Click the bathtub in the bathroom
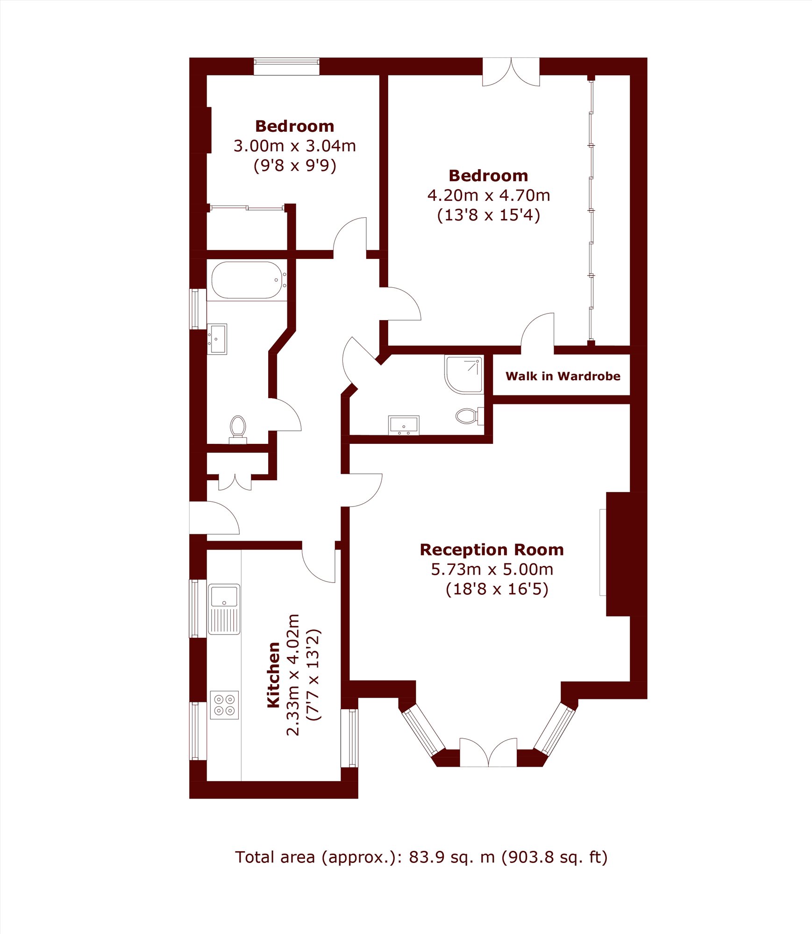247,280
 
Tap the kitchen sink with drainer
224,609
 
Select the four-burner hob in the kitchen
224,705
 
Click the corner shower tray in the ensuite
463,374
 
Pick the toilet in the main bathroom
238,429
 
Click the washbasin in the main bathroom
217,339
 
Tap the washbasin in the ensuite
404,425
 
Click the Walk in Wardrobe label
563,376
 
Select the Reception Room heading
491,549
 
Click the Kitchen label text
273,675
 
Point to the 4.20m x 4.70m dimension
489,195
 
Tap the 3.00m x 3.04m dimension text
295,146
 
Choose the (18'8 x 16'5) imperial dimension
497,589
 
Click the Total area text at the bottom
421,857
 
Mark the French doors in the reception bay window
488,752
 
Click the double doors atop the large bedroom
511,71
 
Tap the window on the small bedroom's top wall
286,66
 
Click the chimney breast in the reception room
627,554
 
